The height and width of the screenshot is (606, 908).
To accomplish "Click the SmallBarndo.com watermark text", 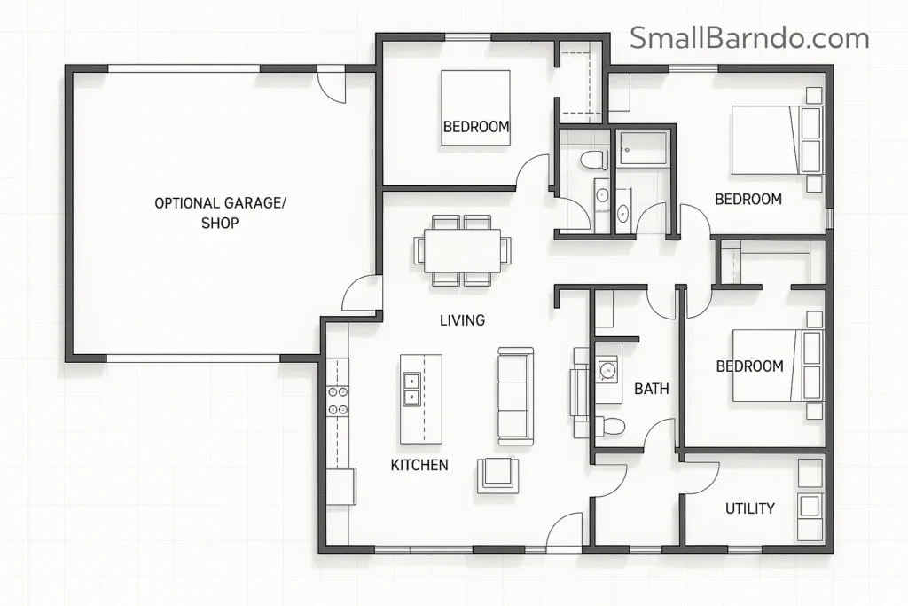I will click(x=749, y=38).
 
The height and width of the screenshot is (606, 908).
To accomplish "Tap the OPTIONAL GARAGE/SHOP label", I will click(x=220, y=213).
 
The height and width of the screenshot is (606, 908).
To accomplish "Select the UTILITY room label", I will click(x=749, y=508).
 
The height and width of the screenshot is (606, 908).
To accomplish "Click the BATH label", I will click(x=651, y=389).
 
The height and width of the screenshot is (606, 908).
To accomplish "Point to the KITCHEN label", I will click(x=419, y=465).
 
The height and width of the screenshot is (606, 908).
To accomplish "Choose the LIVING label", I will click(x=462, y=320).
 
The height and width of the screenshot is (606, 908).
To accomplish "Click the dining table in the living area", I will click(x=462, y=250).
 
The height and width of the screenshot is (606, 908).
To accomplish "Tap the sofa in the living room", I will click(x=515, y=396).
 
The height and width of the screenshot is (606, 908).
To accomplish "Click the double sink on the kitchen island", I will click(x=412, y=389).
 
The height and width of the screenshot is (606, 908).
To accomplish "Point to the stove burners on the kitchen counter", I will click(x=338, y=400).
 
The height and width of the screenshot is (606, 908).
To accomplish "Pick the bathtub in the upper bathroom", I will click(x=643, y=148).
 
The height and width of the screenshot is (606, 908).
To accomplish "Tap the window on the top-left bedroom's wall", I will click(x=467, y=36).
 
